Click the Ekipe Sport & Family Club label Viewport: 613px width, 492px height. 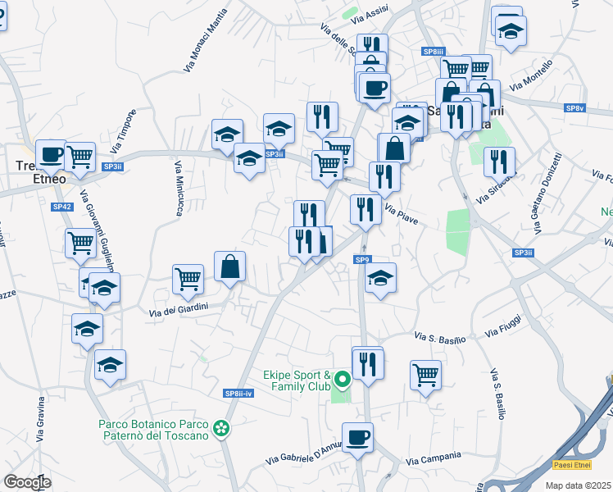tap(297, 380)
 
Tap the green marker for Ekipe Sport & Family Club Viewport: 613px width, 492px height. tap(342, 380)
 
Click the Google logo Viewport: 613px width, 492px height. tap(27, 481)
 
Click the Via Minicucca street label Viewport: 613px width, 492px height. tap(179, 188)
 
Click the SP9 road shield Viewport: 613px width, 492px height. tap(363, 260)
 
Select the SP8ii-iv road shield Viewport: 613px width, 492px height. tap(239, 394)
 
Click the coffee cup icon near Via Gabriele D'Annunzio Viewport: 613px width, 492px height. tap(356, 436)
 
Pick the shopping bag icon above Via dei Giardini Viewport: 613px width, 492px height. tap(229, 266)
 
